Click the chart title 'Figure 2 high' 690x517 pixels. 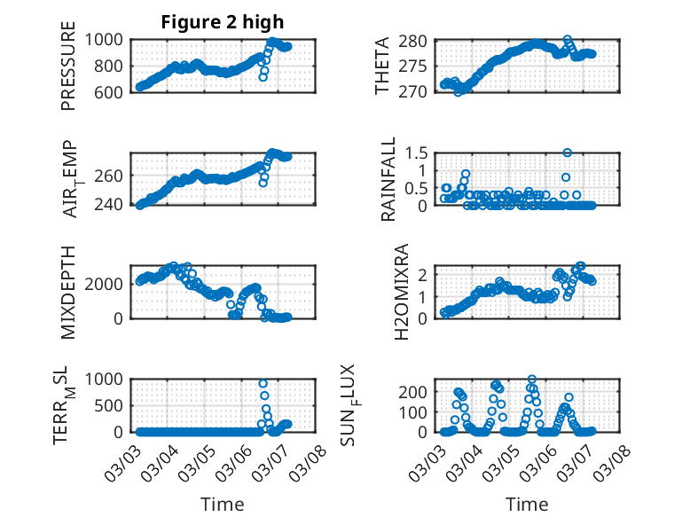(x=222, y=22)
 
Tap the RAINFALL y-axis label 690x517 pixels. (x=388, y=183)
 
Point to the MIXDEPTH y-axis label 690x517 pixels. (x=68, y=292)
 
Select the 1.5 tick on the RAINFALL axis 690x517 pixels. (x=417, y=153)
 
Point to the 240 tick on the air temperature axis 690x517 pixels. (x=112, y=206)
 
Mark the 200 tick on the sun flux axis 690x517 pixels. (x=419, y=391)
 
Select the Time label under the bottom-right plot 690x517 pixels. (x=527, y=504)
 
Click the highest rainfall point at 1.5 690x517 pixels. (x=568, y=153)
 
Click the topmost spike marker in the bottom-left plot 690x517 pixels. (x=263, y=384)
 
